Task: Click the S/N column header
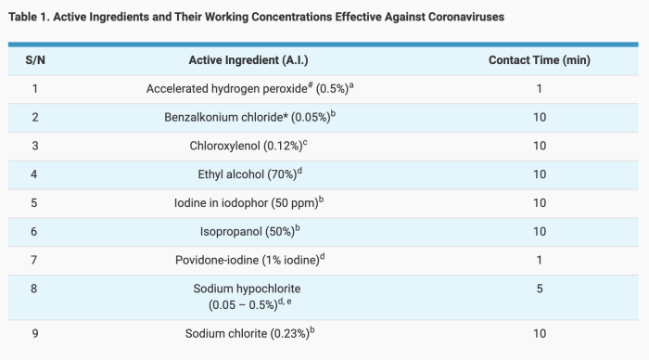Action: pyautogui.click(x=35, y=60)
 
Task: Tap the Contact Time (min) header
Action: pyautogui.click(x=539, y=60)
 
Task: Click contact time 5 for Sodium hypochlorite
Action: pyautogui.click(x=539, y=289)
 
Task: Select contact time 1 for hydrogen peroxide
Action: pyautogui.click(x=539, y=89)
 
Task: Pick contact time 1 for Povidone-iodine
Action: pyautogui.click(x=539, y=261)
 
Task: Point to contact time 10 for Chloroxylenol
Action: pyautogui.click(x=539, y=146)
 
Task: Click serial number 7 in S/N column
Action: pyautogui.click(x=35, y=261)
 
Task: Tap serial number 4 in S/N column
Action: pyautogui.click(x=35, y=174)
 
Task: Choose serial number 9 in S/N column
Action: pyautogui.click(x=35, y=333)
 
